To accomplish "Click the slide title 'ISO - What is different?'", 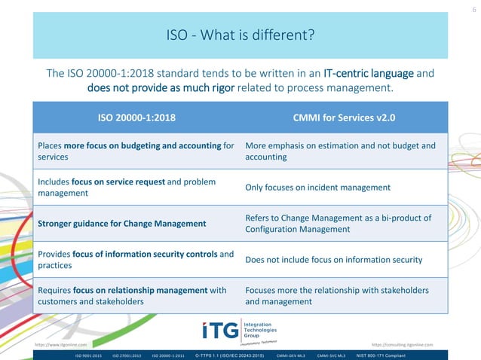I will (x=240, y=35).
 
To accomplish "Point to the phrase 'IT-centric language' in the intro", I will (x=369, y=73).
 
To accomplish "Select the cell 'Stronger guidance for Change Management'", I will (x=121, y=224).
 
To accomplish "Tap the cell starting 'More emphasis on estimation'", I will (x=340, y=151).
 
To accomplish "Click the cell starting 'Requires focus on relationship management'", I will (x=132, y=296).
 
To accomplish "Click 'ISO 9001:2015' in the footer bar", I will (x=88, y=354).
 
